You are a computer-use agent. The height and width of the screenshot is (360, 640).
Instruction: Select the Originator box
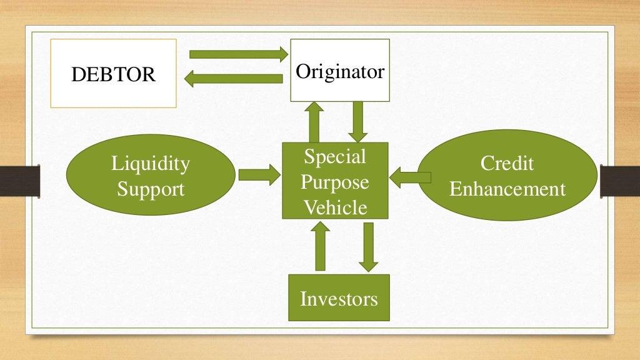340,70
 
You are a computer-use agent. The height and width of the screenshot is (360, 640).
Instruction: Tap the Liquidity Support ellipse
150,176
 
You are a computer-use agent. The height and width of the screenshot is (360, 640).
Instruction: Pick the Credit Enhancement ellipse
507,176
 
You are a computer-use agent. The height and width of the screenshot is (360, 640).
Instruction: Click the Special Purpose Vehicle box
335,181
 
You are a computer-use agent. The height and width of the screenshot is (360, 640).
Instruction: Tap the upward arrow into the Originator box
314,121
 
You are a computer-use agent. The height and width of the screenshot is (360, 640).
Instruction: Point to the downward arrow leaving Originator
357,121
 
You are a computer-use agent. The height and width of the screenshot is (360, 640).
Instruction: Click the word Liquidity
150,164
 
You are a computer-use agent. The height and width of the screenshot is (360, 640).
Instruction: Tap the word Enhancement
507,188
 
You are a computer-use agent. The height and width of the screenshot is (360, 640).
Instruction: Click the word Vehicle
335,206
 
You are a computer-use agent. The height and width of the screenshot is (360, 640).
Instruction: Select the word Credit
507,164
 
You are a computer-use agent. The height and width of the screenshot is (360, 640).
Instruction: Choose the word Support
150,188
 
